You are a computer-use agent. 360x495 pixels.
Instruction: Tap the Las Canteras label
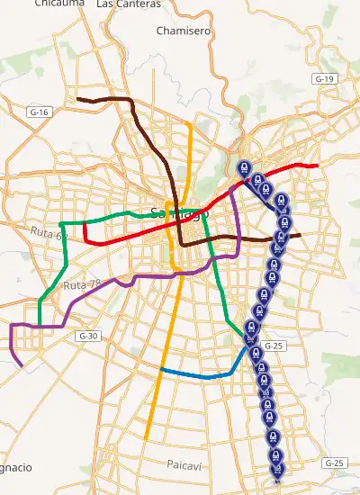128,4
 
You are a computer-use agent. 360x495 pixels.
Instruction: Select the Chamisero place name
183,31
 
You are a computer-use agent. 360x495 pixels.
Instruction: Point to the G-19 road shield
325,79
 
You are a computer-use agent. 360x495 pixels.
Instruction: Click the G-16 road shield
39,112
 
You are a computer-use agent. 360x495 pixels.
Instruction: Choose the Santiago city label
177,214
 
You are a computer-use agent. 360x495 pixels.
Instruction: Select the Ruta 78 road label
80,285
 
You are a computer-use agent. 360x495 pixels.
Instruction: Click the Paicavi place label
187,463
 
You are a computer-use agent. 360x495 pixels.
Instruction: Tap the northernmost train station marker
243,167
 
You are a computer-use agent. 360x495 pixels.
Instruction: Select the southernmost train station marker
278,473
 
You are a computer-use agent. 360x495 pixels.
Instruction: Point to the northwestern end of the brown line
78,98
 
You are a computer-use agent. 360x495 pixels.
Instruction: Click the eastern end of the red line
318,166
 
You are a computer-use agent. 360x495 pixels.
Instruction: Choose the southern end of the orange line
145,438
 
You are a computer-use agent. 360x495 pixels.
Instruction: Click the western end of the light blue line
161,370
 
